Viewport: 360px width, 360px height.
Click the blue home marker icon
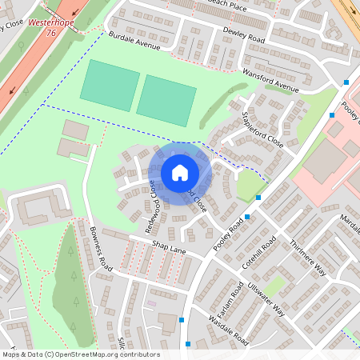[180, 173]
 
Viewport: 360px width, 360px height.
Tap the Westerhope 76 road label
[45, 28]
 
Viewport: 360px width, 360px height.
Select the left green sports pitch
[110, 83]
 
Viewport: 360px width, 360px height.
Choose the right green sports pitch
[166, 100]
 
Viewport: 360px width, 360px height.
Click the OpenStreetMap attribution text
[81, 354]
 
